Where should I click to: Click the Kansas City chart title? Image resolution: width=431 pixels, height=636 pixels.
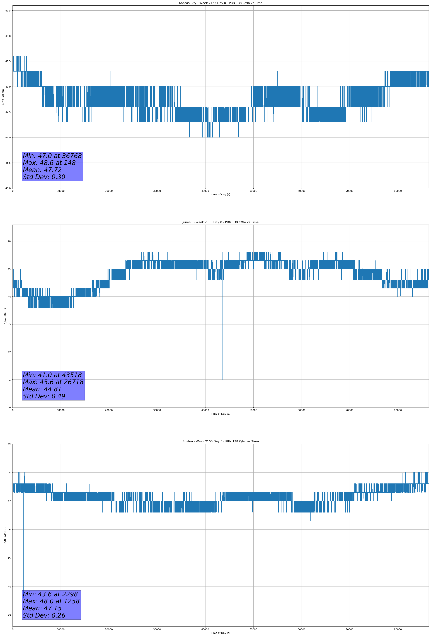(220, 3)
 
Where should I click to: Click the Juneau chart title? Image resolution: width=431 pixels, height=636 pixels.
(220, 222)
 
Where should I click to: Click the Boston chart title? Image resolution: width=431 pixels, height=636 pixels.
(220, 442)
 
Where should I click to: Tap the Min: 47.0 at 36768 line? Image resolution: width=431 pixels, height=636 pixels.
(52, 156)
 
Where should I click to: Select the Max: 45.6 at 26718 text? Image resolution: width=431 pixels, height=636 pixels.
(53, 382)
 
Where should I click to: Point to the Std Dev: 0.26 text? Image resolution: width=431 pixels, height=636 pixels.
(44, 615)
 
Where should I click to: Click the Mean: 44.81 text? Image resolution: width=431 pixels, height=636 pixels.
(42, 389)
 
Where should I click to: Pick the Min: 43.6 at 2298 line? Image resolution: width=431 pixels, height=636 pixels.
(50, 594)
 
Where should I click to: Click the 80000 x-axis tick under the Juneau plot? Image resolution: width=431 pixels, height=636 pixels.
(398, 410)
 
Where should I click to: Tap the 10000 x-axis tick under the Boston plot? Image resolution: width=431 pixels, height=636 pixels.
(61, 629)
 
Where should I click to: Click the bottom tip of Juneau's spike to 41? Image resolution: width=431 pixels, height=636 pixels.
(222, 379)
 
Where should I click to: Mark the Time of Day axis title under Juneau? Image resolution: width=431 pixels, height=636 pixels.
(220, 414)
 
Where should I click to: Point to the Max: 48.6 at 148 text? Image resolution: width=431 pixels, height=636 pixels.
(49, 163)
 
